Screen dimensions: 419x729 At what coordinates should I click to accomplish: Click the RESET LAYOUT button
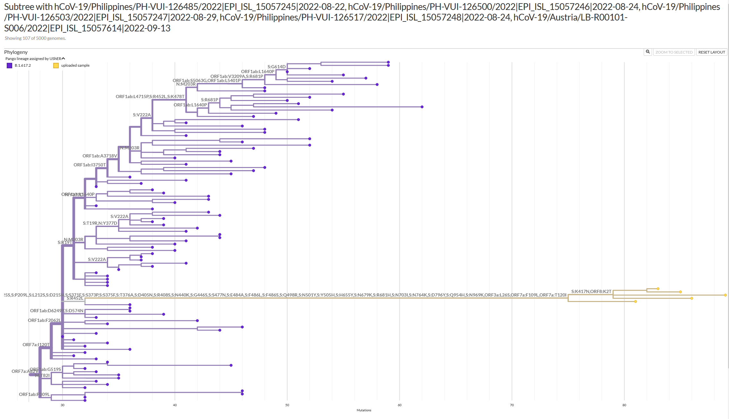pyautogui.click(x=711, y=52)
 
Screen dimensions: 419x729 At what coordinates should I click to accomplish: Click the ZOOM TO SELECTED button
pyautogui.click(x=674, y=52)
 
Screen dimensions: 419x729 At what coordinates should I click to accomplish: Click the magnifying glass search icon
pyautogui.click(x=648, y=52)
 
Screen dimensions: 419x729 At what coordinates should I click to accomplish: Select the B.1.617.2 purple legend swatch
pyautogui.click(x=9, y=65)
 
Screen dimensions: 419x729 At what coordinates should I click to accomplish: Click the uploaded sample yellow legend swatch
pyautogui.click(x=56, y=65)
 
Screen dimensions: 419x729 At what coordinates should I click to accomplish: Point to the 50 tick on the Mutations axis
pyautogui.click(x=287, y=405)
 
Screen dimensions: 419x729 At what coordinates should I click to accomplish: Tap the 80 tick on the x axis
pyautogui.click(x=624, y=405)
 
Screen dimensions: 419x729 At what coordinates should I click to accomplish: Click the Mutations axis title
pyautogui.click(x=364, y=410)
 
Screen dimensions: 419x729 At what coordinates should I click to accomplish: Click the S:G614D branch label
pyautogui.click(x=276, y=67)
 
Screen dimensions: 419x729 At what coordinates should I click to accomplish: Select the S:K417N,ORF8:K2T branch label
pyautogui.click(x=591, y=291)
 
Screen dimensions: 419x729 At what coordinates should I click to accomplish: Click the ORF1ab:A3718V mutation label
pyautogui.click(x=100, y=156)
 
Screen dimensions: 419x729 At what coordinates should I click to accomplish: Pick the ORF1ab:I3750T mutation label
pyautogui.click(x=89, y=165)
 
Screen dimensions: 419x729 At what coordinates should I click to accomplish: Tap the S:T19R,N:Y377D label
pyautogui.click(x=100, y=223)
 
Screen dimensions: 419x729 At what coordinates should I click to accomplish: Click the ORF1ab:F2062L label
pyautogui.click(x=44, y=320)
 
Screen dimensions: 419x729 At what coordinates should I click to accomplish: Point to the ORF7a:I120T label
pyautogui.click(x=36, y=345)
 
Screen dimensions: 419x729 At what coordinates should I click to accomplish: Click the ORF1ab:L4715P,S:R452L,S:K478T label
pyautogui.click(x=150, y=96)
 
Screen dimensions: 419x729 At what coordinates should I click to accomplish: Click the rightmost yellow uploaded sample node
pyautogui.click(x=725, y=295)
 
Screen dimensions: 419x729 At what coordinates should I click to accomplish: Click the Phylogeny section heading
pyautogui.click(x=16, y=52)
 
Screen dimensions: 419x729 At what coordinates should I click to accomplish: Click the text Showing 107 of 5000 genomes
pyautogui.click(x=35, y=38)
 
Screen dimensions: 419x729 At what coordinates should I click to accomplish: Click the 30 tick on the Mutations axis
pyautogui.click(x=63, y=405)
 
